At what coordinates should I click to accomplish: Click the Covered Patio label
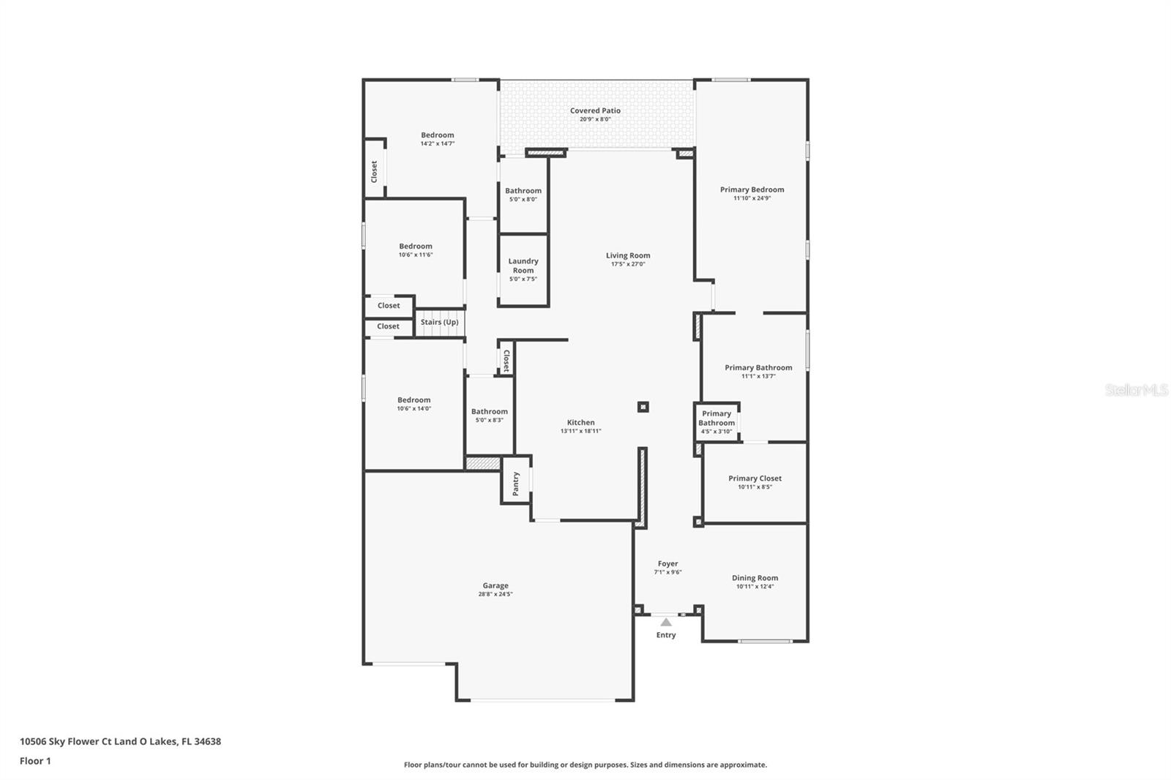pos(595,110)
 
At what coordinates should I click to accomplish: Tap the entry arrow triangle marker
pos(666,622)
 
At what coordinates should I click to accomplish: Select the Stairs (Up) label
pos(439,322)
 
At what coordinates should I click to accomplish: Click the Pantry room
pos(516,483)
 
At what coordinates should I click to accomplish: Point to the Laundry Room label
pos(523,266)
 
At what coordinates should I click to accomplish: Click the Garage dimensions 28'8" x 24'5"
pos(495,594)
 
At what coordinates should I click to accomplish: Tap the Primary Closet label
pos(755,479)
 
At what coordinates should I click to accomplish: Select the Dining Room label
pos(755,578)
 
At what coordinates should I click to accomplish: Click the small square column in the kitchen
pos(643,407)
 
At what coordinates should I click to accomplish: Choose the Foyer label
pos(667,564)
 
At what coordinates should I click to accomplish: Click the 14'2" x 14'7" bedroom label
pos(437,135)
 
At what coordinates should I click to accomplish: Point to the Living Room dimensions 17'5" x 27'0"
pos(628,264)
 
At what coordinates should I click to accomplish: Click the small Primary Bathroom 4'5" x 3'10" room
pos(716,422)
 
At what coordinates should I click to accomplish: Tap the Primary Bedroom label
pos(752,190)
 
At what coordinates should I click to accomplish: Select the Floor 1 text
pos(35,761)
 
